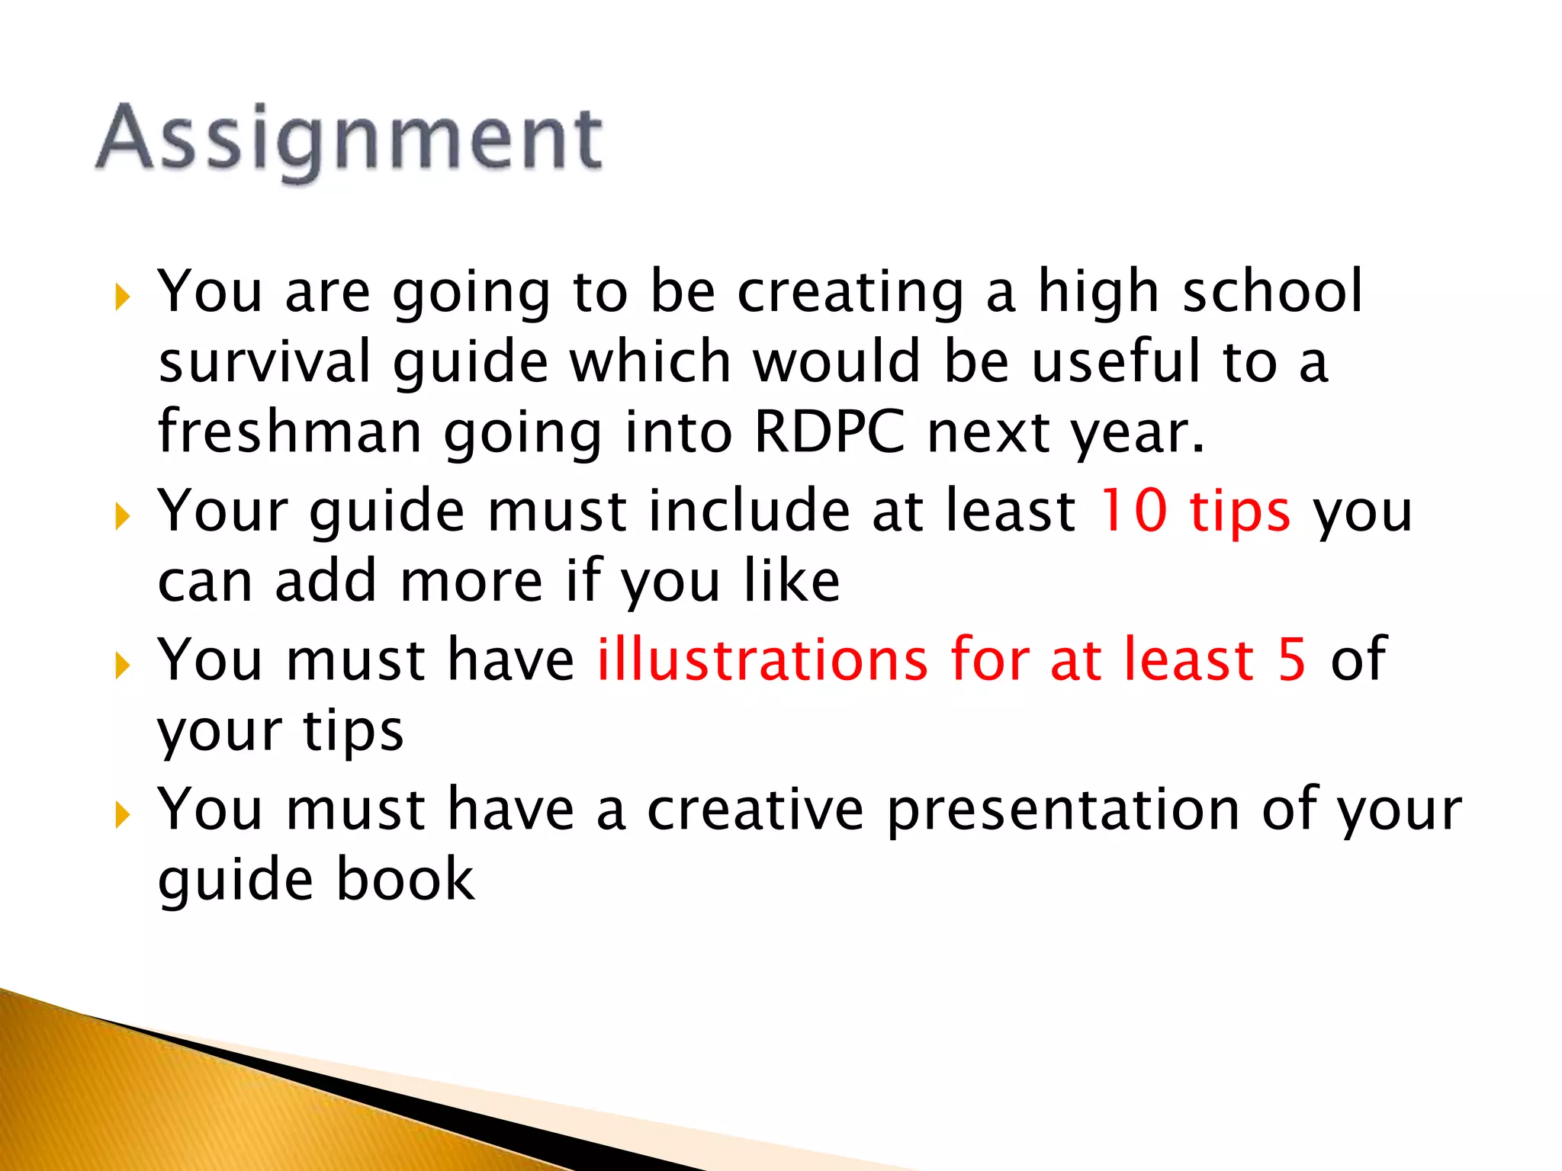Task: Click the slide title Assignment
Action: click(x=349, y=139)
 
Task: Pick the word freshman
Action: click(x=290, y=432)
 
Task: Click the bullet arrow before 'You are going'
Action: click(x=121, y=297)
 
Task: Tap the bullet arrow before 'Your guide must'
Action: click(x=121, y=516)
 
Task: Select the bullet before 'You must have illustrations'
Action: click(x=121, y=665)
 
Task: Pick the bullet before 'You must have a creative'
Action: click(x=121, y=814)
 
